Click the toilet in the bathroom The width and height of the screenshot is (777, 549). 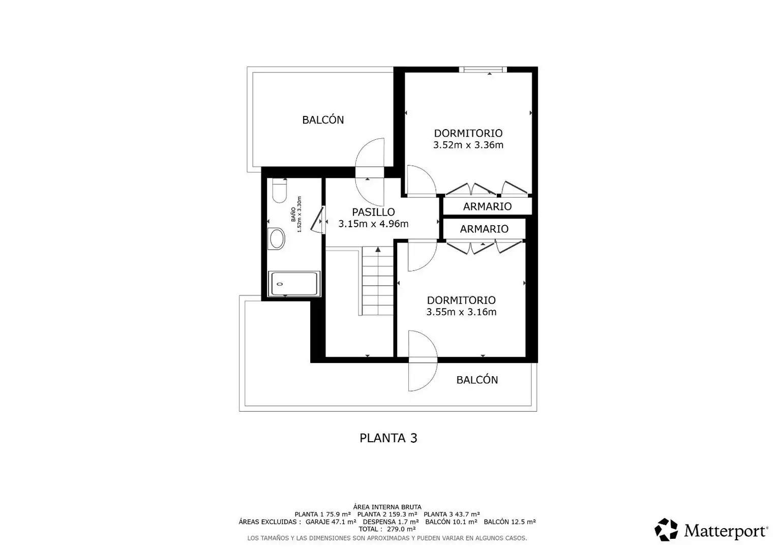(279, 191)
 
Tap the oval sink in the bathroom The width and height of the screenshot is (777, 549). (277, 238)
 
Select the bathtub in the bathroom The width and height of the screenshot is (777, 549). (294, 284)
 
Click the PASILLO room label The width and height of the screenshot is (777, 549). (373, 212)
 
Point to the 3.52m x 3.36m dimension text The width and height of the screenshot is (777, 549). (468, 145)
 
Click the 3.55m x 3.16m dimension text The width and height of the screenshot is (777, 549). (461, 312)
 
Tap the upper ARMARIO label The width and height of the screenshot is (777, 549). (487, 207)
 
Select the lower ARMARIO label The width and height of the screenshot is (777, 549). (484, 229)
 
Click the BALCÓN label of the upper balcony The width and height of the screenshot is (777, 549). (323, 120)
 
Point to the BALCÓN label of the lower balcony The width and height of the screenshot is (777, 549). (477, 380)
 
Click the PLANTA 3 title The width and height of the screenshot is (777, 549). (388, 438)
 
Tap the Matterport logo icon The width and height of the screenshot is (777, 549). (666, 530)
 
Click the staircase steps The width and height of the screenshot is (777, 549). (378, 281)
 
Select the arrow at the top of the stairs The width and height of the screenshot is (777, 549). (378, 250)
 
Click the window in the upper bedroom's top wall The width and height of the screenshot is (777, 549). (483, 70)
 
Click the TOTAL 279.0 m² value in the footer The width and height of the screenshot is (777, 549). (387, 529)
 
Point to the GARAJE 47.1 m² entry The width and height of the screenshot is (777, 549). (331, 522)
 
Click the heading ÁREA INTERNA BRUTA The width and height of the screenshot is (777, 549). (387, 507)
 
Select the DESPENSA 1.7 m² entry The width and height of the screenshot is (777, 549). (391, 522)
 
